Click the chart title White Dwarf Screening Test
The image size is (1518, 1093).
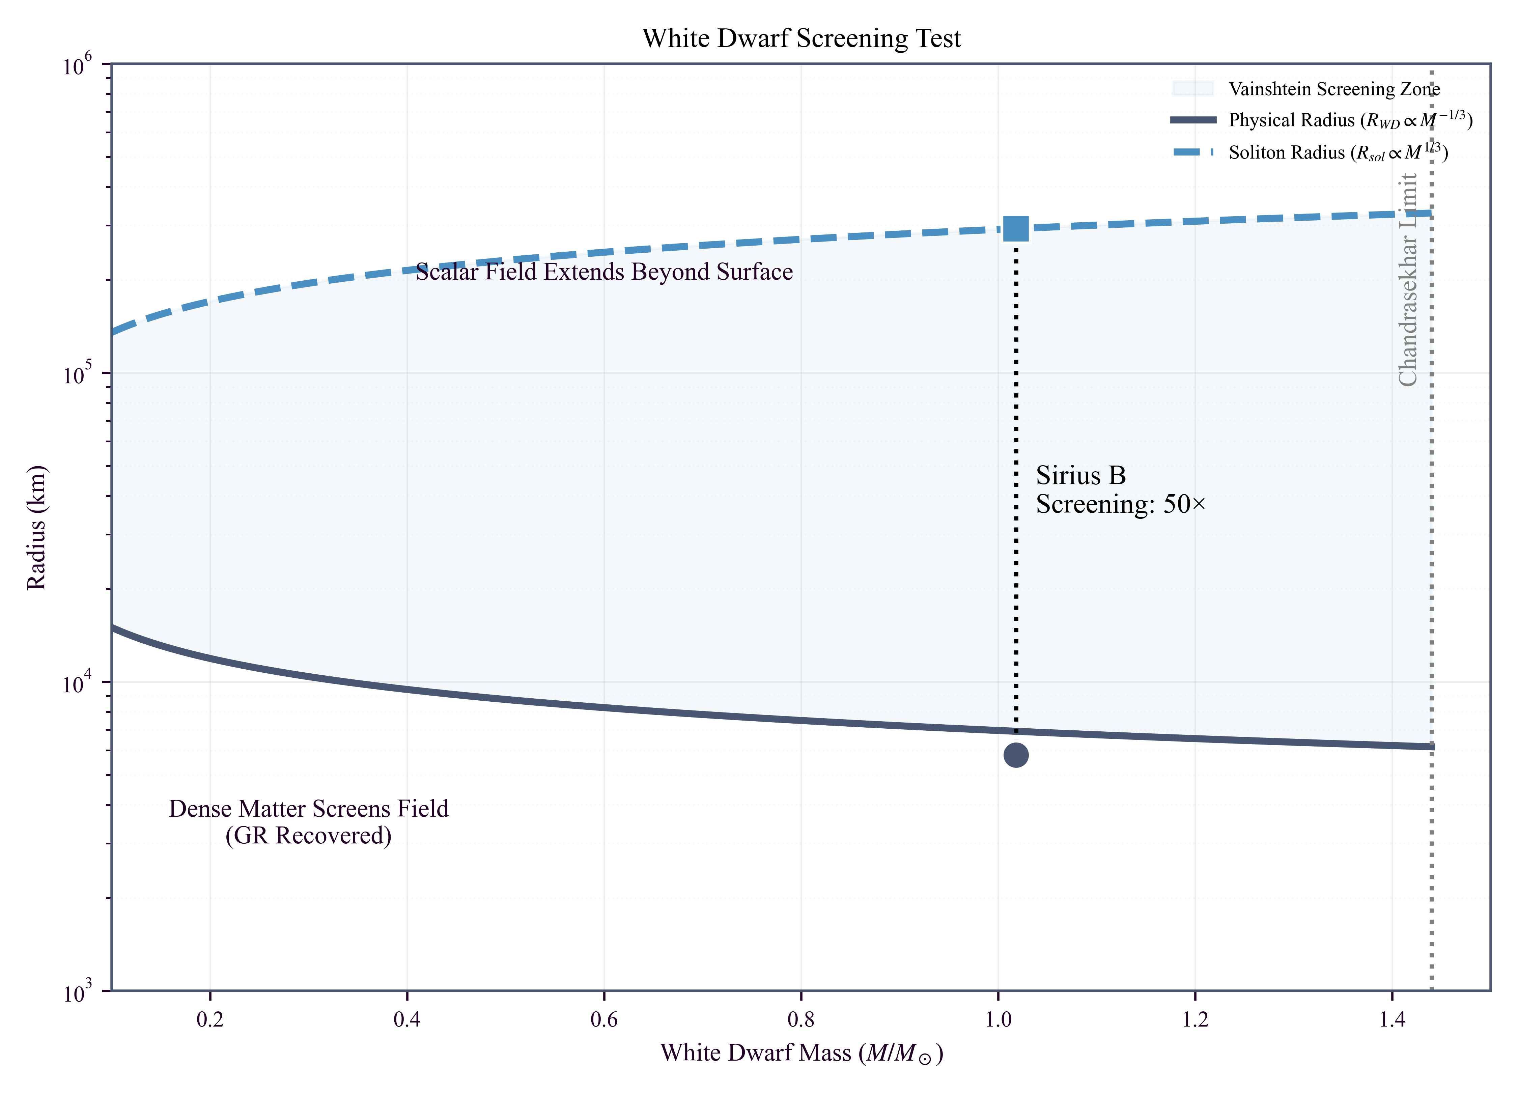(x=801, y=39)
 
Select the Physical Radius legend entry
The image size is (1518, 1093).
(x=1350, y=120)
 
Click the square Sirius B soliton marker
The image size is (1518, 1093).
(x=1015, y=229)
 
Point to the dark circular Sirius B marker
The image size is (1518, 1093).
(x=1015, y=755)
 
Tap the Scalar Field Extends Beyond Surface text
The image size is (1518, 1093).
(x=604, y=272)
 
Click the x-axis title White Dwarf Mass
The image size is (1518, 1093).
(x=801, y=1054)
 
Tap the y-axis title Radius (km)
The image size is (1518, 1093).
(x=37, y=527)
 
